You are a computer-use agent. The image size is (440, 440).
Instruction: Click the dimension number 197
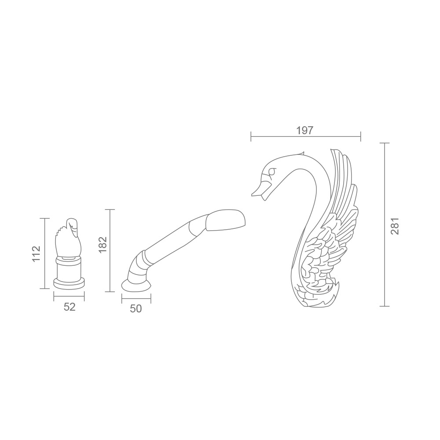(x=304, y=131)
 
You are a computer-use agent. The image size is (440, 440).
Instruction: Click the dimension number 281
(x=394, y=226)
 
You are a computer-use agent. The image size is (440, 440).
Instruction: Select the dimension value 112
(x=37, y=254)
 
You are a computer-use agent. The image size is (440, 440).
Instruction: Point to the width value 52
(x=70, y=307)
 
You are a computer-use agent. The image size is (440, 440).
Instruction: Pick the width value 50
(x=136, y=309)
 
